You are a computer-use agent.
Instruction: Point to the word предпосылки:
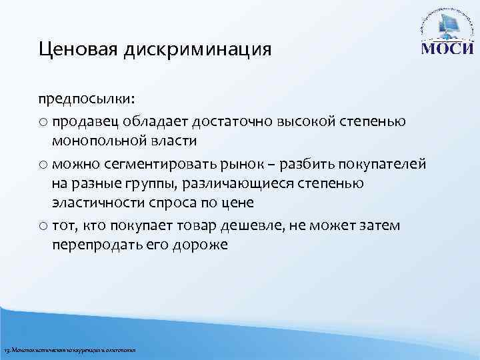(86, 99)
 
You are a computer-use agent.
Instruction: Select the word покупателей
(385, 164)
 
